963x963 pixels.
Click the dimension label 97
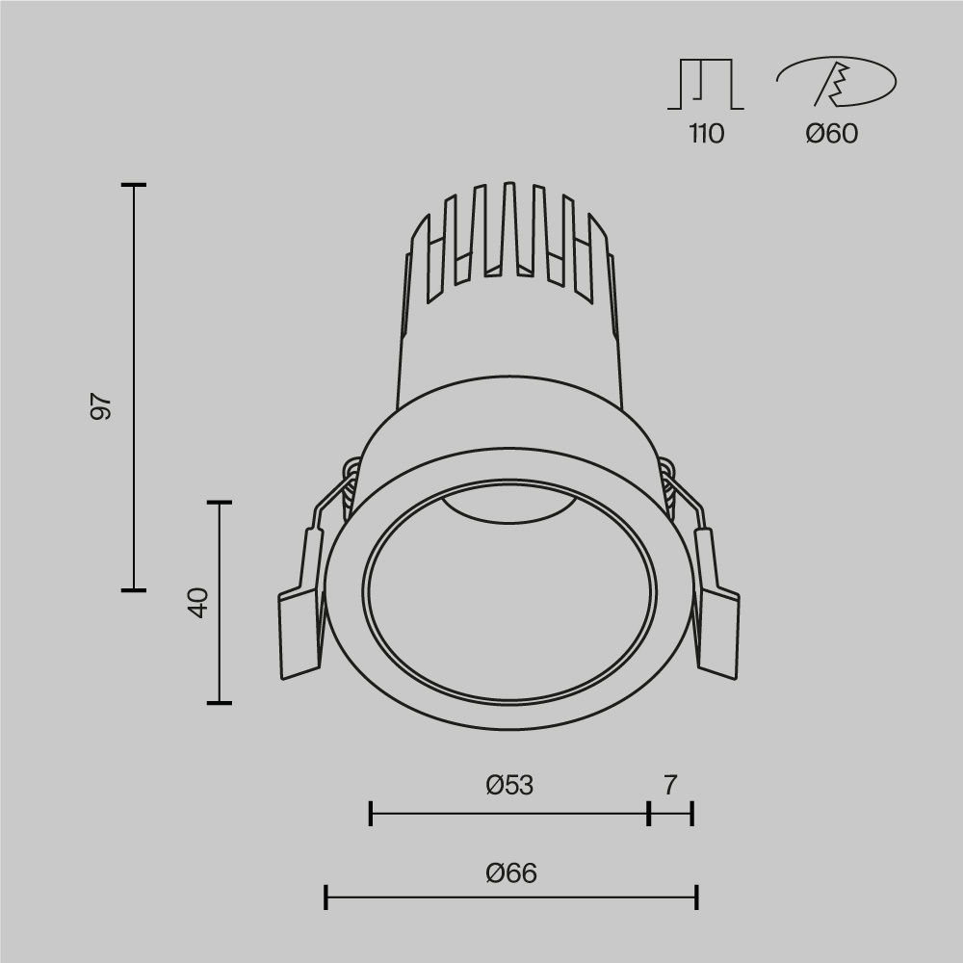(x=101, y=406)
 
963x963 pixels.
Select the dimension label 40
(x=198, y=603)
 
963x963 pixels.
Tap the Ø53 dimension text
(x=509, y=786)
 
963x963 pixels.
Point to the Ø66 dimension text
(x=510, y=873)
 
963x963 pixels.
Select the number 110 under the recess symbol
(x=706, y=134)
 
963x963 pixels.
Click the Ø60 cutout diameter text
(x=831, y=134)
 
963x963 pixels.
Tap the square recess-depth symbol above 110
(x=706, y=85)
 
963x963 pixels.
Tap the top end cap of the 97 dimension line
(x=134, y=184)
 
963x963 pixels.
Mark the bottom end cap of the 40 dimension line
(x=220, y=703)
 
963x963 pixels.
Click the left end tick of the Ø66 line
(x=326, y=898)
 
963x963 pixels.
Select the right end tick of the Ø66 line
(x=696, y=898)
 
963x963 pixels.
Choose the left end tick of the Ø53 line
(x=371, y=814)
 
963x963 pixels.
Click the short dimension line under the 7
(x=671, y=814)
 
